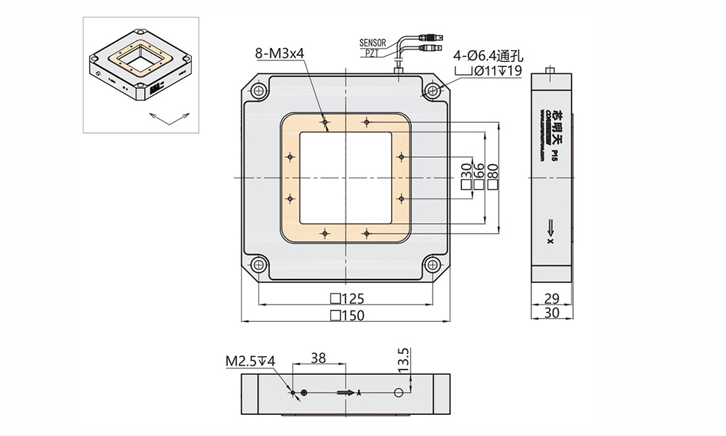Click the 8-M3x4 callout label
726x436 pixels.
tap(280, 53)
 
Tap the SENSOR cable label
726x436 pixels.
tap(374, 44)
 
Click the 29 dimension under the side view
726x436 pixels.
tap(552, 298)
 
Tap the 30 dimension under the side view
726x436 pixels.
tap(552, 313)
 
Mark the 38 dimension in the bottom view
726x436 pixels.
tap(318, 358)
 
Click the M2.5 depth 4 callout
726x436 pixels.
tap(249, 360)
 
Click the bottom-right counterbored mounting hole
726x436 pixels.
tap(433, 265)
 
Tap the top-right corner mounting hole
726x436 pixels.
tap(433, 91)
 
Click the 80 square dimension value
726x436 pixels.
tap(493, 172)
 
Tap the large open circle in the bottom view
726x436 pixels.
tap(397, 392)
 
